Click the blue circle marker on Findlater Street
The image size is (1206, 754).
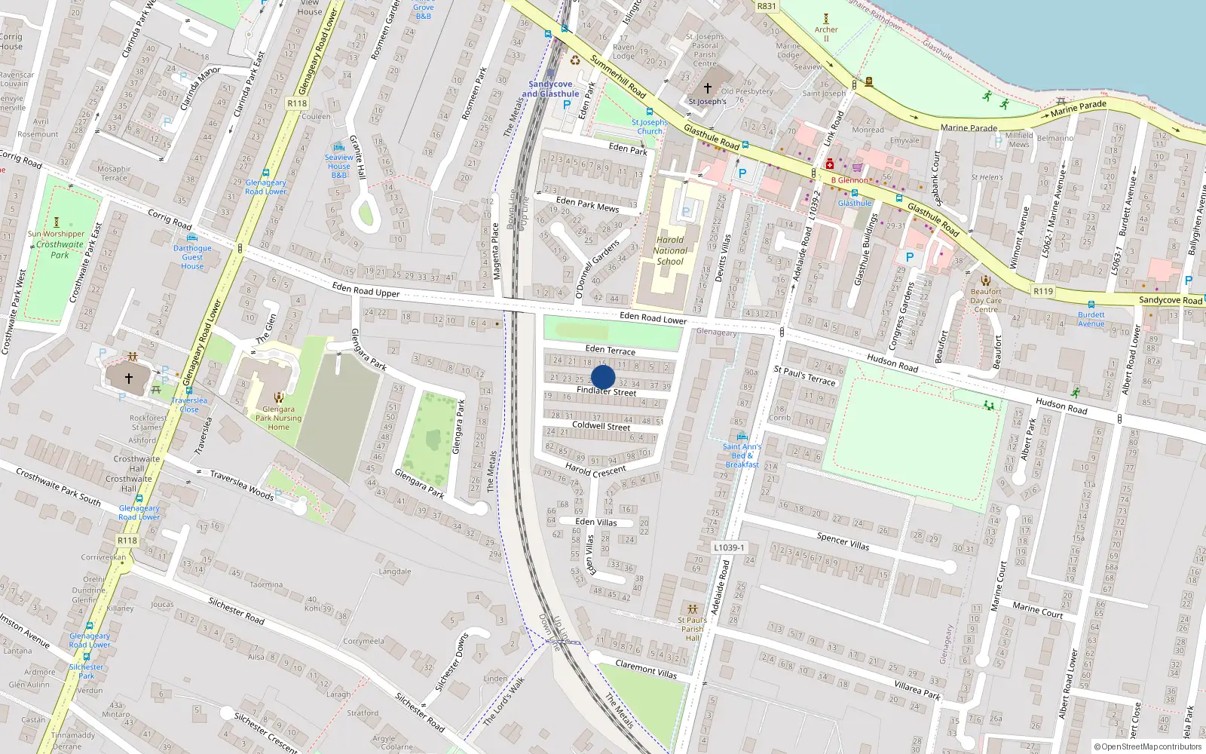(603, 377)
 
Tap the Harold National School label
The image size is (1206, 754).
(670, 250)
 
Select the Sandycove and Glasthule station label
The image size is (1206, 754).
(550, 89)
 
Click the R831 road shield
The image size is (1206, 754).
(766, 6)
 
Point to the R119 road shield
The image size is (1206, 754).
(1043, 291)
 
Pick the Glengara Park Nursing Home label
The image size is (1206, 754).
(278, 418)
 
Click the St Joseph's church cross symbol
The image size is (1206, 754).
(707, 88)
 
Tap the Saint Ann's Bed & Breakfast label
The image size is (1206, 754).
(742, 455)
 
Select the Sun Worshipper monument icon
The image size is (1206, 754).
(56, 222)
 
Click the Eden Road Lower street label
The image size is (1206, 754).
(653, 318)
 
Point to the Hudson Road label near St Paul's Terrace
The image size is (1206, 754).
(892, 363)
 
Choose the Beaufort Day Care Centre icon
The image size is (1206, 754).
(985, 280)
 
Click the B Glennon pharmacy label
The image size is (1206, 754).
(849, 180)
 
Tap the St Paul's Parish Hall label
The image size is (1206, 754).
(692, 629)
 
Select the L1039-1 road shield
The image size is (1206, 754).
(729, 547)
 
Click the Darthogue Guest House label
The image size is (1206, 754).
(192, 256)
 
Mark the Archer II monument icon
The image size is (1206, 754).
(826, 19)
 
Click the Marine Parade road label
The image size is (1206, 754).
(969, 127)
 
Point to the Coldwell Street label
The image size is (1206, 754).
(601, 426)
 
